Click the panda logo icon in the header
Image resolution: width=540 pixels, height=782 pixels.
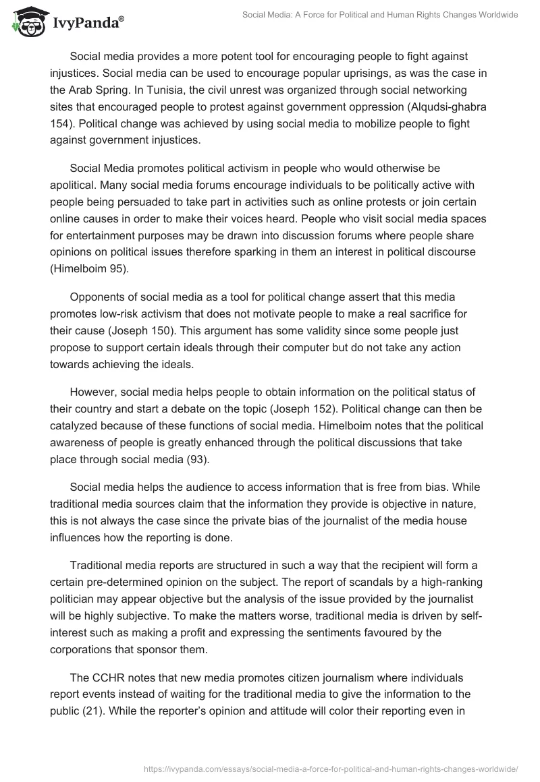click(26, 22)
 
